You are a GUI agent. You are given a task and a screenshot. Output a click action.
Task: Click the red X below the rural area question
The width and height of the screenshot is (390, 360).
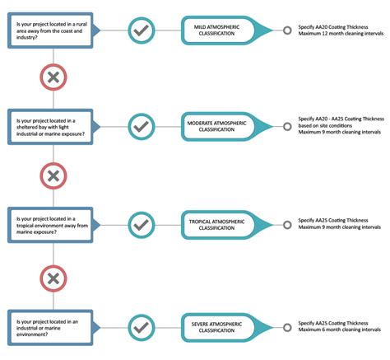(x=53, y=78)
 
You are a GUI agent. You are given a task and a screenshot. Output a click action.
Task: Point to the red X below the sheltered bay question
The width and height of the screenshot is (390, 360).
(x=53, y=175)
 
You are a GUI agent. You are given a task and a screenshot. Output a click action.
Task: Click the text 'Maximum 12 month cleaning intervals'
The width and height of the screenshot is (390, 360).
(x=340, y=35)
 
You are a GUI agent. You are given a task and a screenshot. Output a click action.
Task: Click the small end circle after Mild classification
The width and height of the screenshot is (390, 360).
(x=286, y=30)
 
